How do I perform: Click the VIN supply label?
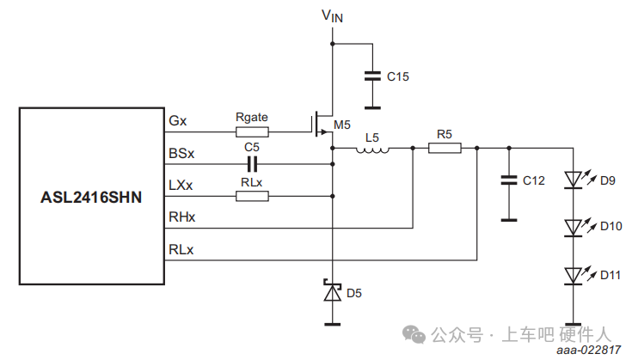coord(332,15)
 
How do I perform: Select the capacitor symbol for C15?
coord(371,76)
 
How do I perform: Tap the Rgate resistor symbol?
coord(252,131)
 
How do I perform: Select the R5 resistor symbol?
coord(445,149)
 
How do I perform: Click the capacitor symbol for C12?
coord(509,180)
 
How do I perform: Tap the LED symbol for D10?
coord(574,227)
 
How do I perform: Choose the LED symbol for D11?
coord(574,275)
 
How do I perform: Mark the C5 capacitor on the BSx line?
coord(252,163)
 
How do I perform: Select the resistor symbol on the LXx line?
coord(252,196)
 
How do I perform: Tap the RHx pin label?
coord(181,218)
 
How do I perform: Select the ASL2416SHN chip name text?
coord(91,197)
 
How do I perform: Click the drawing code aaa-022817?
coord(588,351)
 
